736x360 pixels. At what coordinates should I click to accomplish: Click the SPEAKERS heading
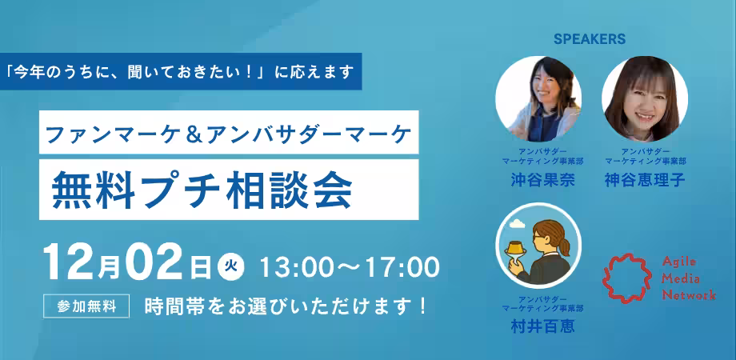pyautogui.click(x=590, y=39)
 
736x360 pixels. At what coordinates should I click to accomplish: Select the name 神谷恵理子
pyautogui.click(x=646, y=180)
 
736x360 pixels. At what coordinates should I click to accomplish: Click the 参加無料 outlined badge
pyautogui.click(x=86, y=306)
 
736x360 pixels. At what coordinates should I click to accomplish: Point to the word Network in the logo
pyautogui.click(x=689, y=295)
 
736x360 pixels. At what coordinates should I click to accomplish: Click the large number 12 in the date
pyautogui.click(x=70, y=262)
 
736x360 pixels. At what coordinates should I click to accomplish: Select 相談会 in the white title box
pyautogui.click(x=289, y=190)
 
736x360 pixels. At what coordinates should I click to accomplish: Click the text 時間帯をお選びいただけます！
pyautogui.click(x=286, y=306)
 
